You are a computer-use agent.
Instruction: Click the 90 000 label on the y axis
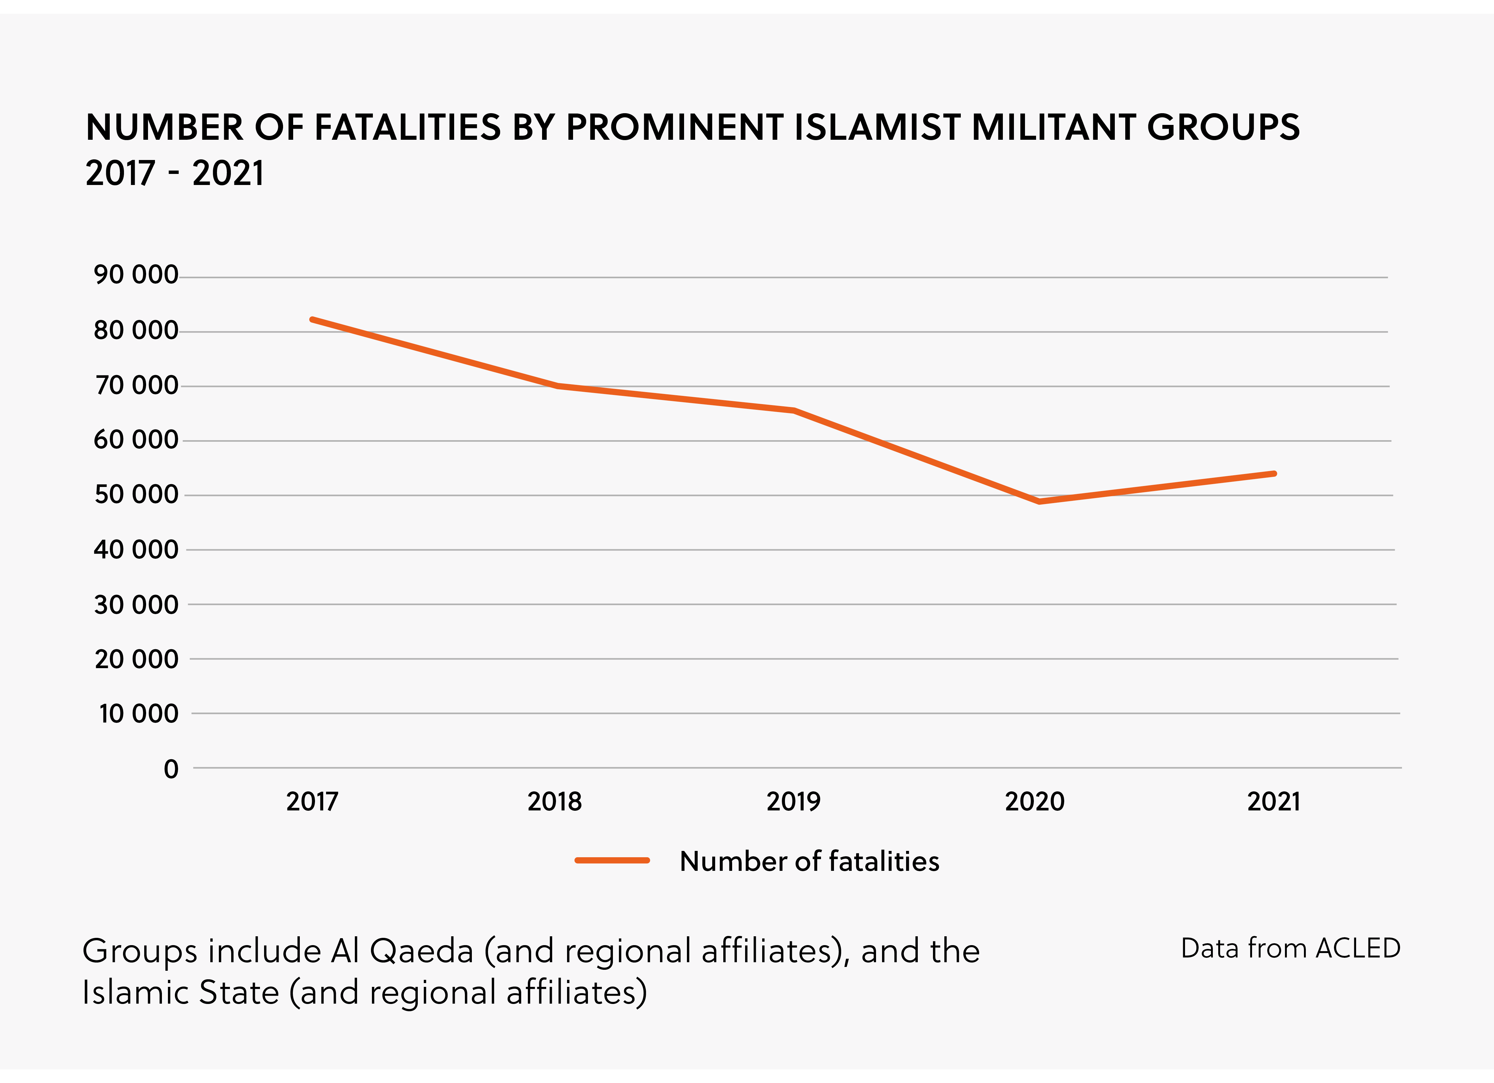(x=136, y=275)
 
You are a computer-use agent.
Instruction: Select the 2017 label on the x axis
(x=312, y=802)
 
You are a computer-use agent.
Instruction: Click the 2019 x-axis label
(x=793, y=802)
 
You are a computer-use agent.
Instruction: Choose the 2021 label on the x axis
(x=1273, y=802)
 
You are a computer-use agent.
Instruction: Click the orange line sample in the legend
(x=612, y=860)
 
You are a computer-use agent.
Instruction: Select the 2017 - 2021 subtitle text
(x=175, y=173)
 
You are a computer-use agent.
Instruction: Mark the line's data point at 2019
(x=794, y=410)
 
